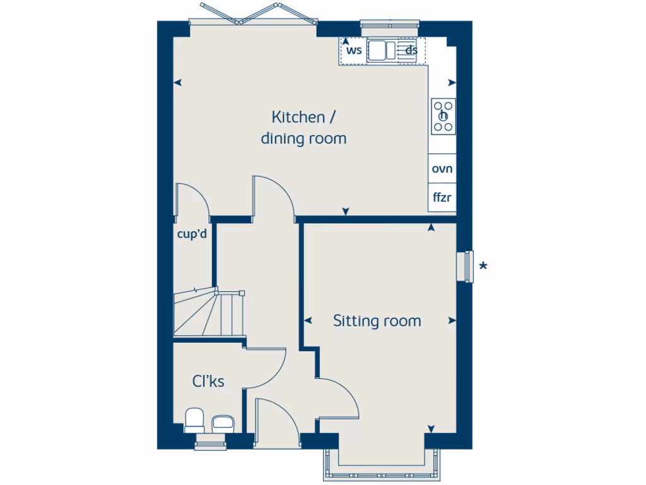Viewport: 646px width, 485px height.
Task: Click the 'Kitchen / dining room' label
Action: tap(304, 128)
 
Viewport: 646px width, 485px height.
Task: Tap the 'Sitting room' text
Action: tap(377, 321)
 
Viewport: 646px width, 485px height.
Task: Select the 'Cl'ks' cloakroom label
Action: tap(208, 381)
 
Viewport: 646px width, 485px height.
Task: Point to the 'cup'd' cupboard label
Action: tap(192, 235)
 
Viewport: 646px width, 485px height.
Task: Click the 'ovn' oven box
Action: tap(442, 169)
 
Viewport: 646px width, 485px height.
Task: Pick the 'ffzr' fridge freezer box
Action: tap(442, 198)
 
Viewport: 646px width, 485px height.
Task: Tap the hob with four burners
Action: tap(443, 116)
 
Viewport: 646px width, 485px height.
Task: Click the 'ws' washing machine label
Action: tap(354, 51)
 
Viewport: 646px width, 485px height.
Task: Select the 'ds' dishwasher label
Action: tap(411, 51)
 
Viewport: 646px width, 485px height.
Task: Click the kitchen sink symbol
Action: tap(382, 50)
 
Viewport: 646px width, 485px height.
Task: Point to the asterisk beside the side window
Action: tap(483, 266)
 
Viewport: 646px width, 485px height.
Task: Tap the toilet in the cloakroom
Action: tap(194, 421)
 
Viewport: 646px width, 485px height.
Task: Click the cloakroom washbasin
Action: tap(223, 423)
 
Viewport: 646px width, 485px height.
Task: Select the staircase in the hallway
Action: tap(209, 313)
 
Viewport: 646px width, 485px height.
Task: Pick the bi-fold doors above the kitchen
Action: tap(252, 17)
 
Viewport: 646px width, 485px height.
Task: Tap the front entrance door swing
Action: tap(276, 417)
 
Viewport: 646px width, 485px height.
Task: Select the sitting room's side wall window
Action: tap(466, 265)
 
